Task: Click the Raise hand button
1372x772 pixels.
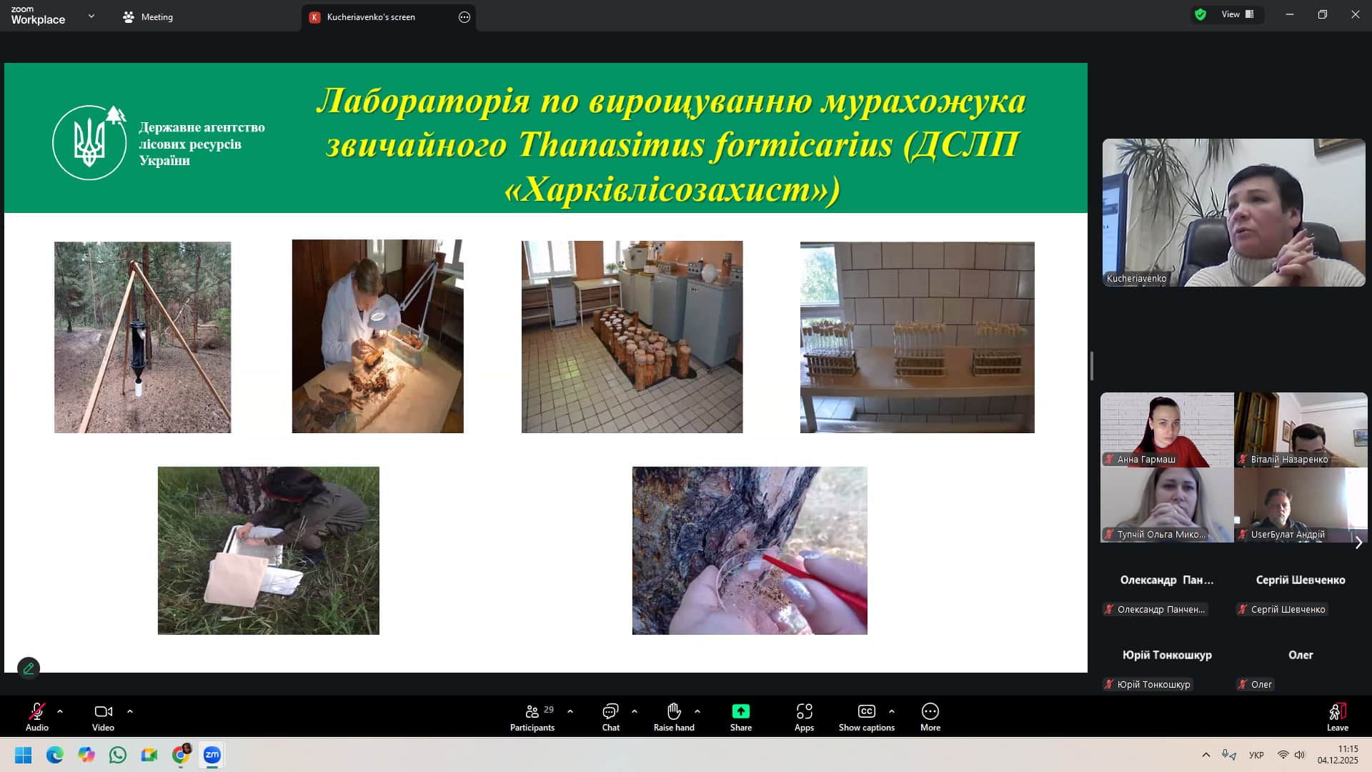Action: click(674, 717)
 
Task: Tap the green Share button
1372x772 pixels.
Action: click(741, 717)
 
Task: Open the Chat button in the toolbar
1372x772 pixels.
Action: click(611, 717)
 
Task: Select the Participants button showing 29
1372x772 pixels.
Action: click(532, 717)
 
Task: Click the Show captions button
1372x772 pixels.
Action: click(867, 717)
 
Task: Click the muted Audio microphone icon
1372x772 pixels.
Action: click(37, 711)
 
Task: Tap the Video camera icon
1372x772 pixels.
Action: click(104, 711)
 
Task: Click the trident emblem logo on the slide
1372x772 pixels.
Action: click(90, 142)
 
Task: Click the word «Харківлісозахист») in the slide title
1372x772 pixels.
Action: click(672, 189)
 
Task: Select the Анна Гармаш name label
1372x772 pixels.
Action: click(1146, 460)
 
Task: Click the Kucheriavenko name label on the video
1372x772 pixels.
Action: click(1136, 279)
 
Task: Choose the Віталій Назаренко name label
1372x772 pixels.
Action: click(1289, 460)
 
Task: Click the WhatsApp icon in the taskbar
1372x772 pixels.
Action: click(118, 755)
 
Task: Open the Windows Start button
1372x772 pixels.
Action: click(24, 755)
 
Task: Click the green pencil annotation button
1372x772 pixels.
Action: click(29, 668)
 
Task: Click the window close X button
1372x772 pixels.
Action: click(1355, 14)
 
